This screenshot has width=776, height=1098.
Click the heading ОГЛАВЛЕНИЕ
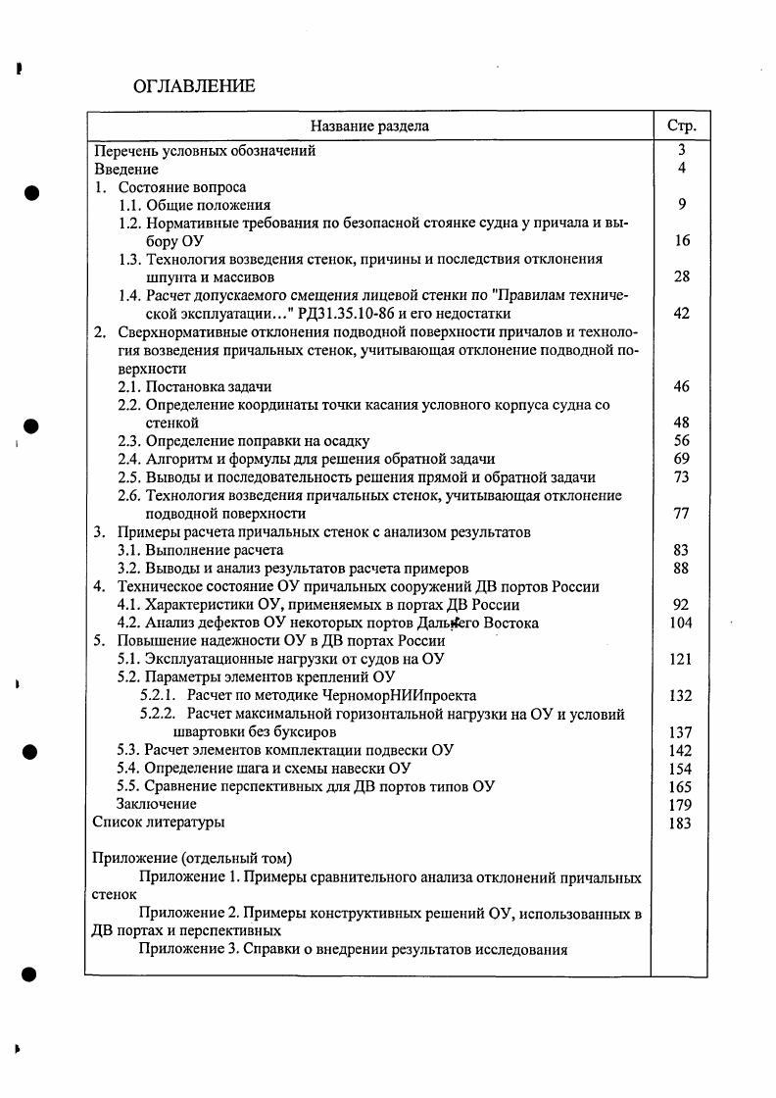(x=193, y=86)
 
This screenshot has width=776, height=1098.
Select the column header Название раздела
(x=369, y=125)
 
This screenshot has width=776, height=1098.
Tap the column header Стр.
(x=681, y=125)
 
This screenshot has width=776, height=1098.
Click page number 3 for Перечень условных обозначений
(x=681, y=151)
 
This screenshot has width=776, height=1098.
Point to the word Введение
(x=125, y=169)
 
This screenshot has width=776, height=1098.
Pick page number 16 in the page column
(x=682, y=241)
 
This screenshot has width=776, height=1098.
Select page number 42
(x=682, y=314)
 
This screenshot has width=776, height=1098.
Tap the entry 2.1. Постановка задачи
(x=194, y=386)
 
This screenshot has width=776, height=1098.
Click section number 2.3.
(x=129, y=441)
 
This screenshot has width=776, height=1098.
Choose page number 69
(x=682, y=459)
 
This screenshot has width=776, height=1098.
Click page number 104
(x=681, y=623)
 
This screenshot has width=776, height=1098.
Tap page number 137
(x=681, y=732)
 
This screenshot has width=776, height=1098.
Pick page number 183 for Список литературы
(x=681, y=823)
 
